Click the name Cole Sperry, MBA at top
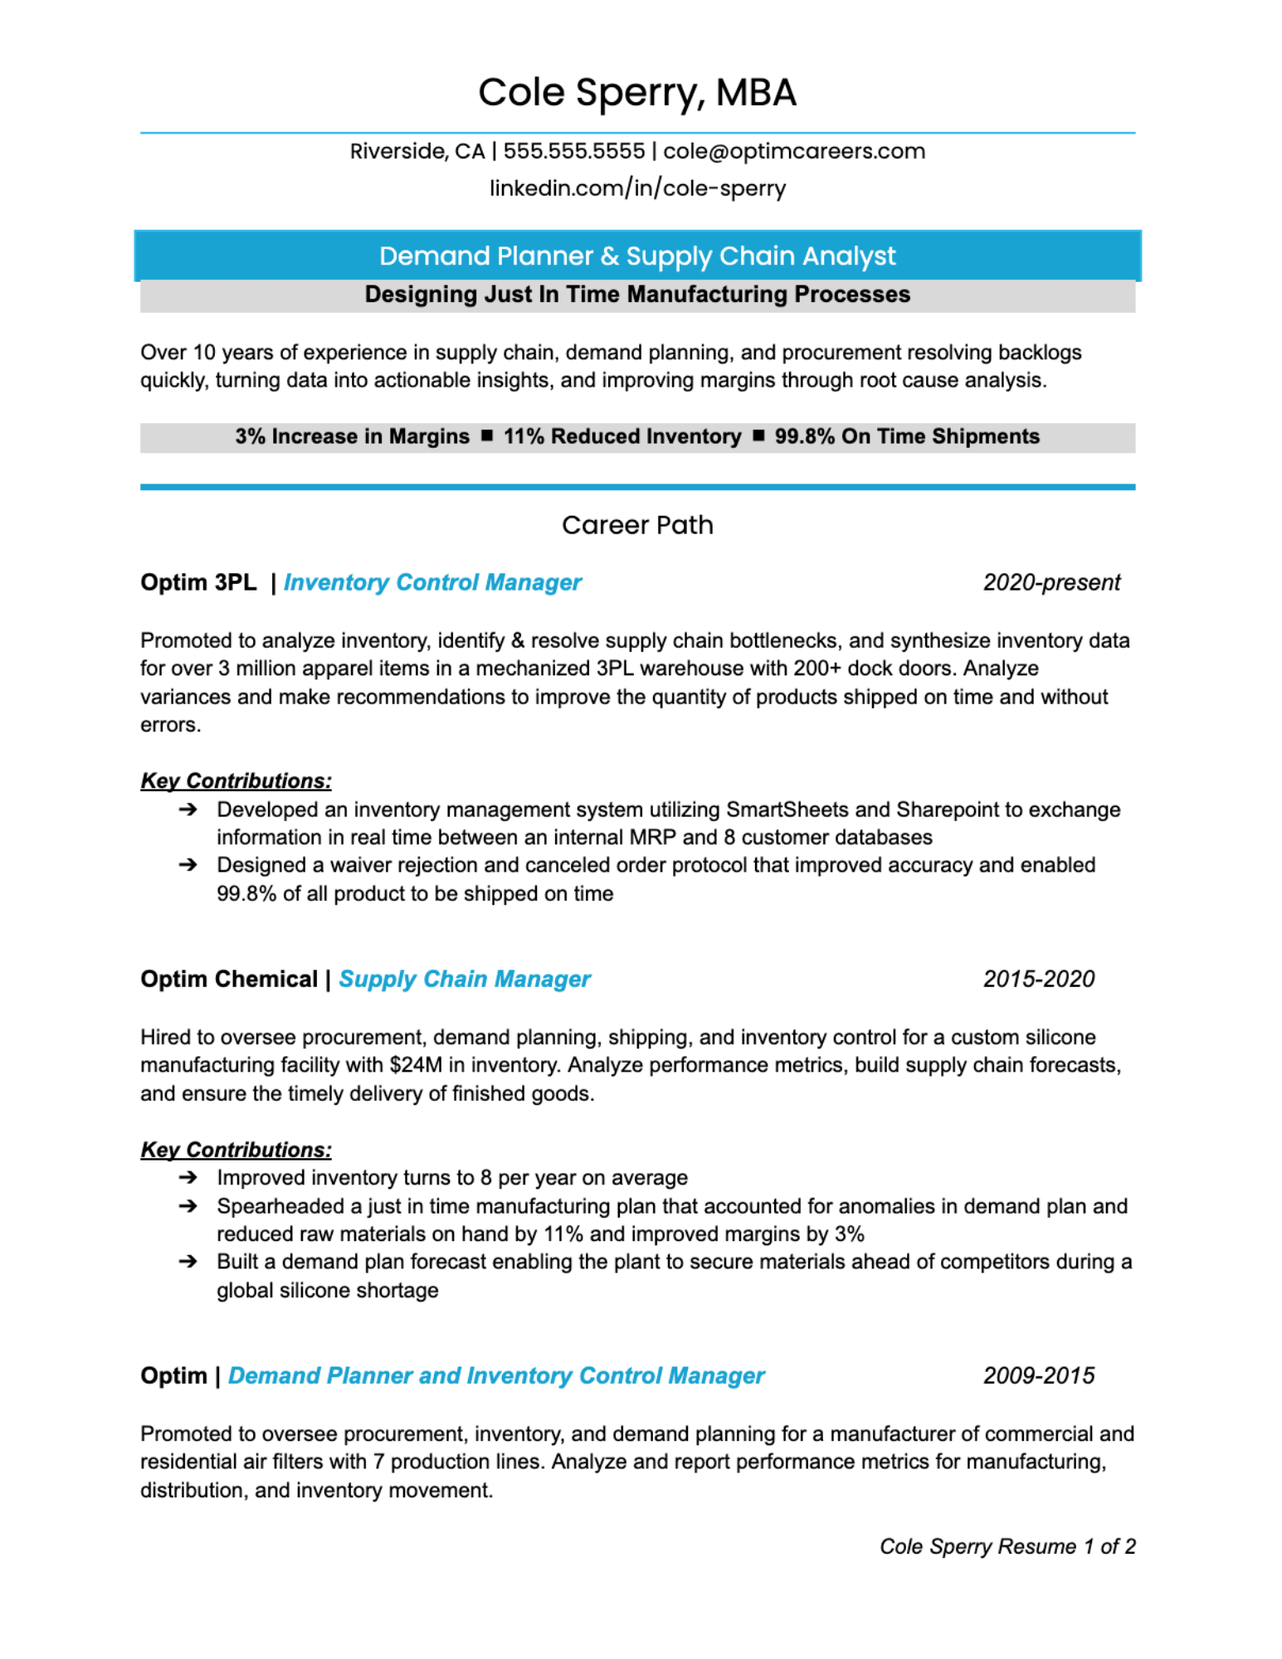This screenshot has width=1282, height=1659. tap(636, 92)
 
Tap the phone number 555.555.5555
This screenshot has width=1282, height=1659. tap(573, 151)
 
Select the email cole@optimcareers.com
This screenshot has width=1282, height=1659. tap(793, 151)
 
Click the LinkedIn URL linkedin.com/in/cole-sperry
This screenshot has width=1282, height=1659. tap(636, 187)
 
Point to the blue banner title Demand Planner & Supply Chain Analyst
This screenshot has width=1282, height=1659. tap(636, 255)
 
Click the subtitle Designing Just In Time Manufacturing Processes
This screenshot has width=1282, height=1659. tap(636, 294)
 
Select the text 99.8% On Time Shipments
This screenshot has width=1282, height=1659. tap(906, 436)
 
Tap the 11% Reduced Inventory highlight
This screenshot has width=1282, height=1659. tap(622, 436)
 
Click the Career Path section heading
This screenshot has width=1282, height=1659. tap(636, 525)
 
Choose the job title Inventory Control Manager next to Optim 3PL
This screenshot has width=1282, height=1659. tap(432, 582)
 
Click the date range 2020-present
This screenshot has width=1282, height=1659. tap(1050, 582)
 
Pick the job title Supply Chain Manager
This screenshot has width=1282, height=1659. tap(464, 979)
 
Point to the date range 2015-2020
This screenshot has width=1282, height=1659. tap(1038, 979)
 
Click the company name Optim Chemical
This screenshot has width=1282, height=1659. tap(229, 979)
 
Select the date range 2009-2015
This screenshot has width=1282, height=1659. tap(1038, 1375)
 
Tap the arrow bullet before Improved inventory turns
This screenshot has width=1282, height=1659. tap(188, 1177)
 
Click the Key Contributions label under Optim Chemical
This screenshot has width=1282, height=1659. tap(236, 1150)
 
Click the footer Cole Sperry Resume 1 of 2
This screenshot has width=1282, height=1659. tap(1007, 1546)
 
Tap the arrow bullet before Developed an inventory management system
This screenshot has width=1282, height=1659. tap(188, 809)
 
